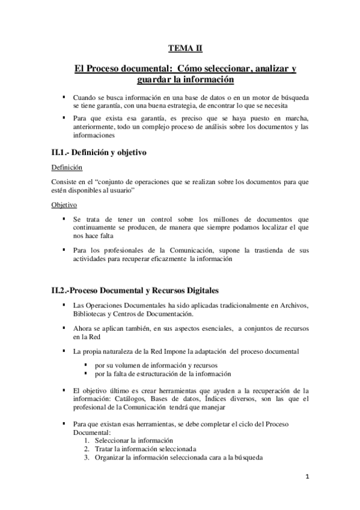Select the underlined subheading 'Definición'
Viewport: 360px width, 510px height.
coord(67,167)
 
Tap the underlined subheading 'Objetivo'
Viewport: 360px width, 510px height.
coord(64,204)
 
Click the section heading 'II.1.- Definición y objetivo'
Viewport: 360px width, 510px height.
coord(99,152)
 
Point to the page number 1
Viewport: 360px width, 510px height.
coord(307,478)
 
